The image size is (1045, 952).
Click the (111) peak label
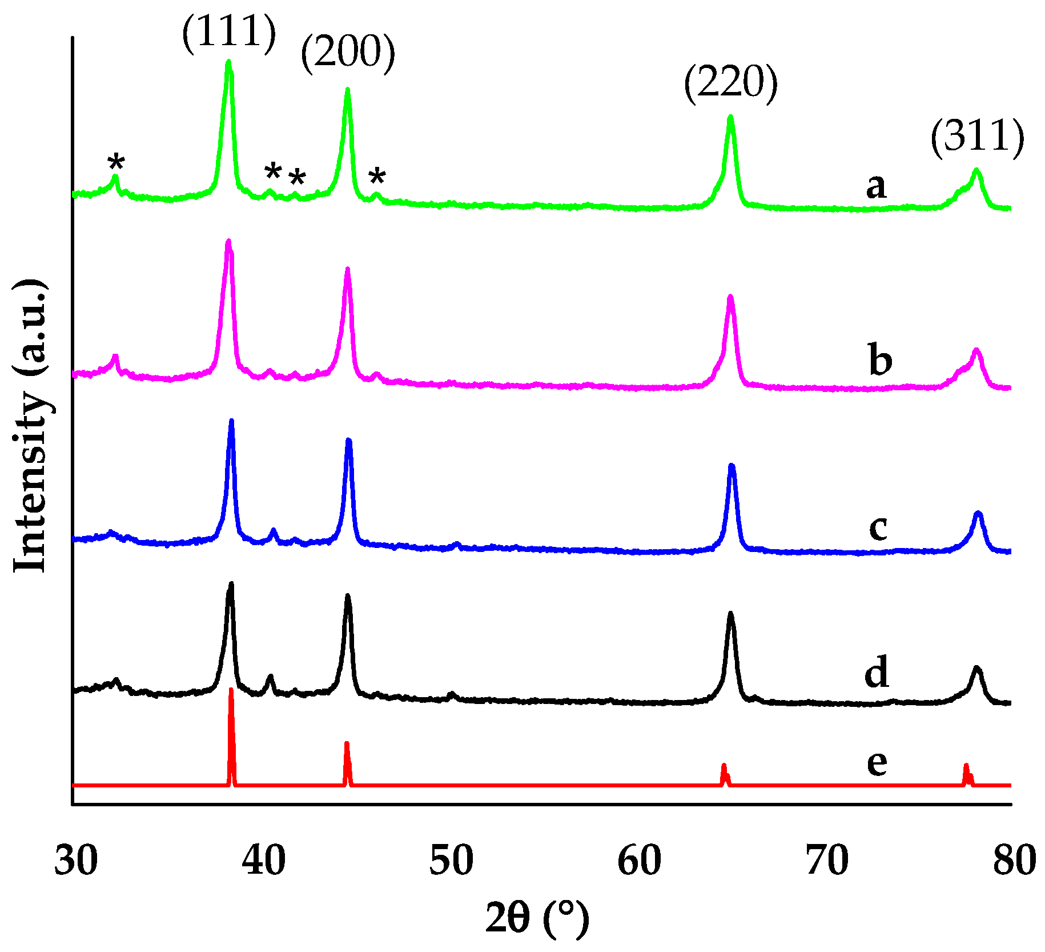pyautogui.click(x=229, y=33)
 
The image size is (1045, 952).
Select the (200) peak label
pyautogui.click(x=348, y=53)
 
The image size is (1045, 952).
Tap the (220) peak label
pyautogui.click(x=730, y=83)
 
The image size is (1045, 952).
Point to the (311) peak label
pyautogui.click(x=977, y=138)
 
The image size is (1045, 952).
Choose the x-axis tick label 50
pyautogui.click(x=451, y=861)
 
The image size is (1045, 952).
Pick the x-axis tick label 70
pyautogui.click(x=827, y=861)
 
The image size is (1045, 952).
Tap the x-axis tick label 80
pyautogui.click(x=1014, y=861)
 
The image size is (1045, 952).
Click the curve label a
pyautogui.click(x=877, y=187)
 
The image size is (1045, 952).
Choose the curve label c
pyautogui.click(x=878, y=527)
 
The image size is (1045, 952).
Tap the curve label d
pyautogui.click(x=877, y=672)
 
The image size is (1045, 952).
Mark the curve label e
pyautogui.click(x=877, y=762)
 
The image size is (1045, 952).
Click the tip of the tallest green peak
pyautogui.click(x=229, y=62)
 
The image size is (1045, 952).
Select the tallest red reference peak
pyautogui.click(x=231, y=690)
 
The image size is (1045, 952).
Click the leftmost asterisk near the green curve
pyautogui.click(x=116, y=163)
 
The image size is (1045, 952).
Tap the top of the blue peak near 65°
pyautogui.click(x=731, y=466)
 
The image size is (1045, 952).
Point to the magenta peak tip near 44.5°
pyautogui.click(x=347, y=269)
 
